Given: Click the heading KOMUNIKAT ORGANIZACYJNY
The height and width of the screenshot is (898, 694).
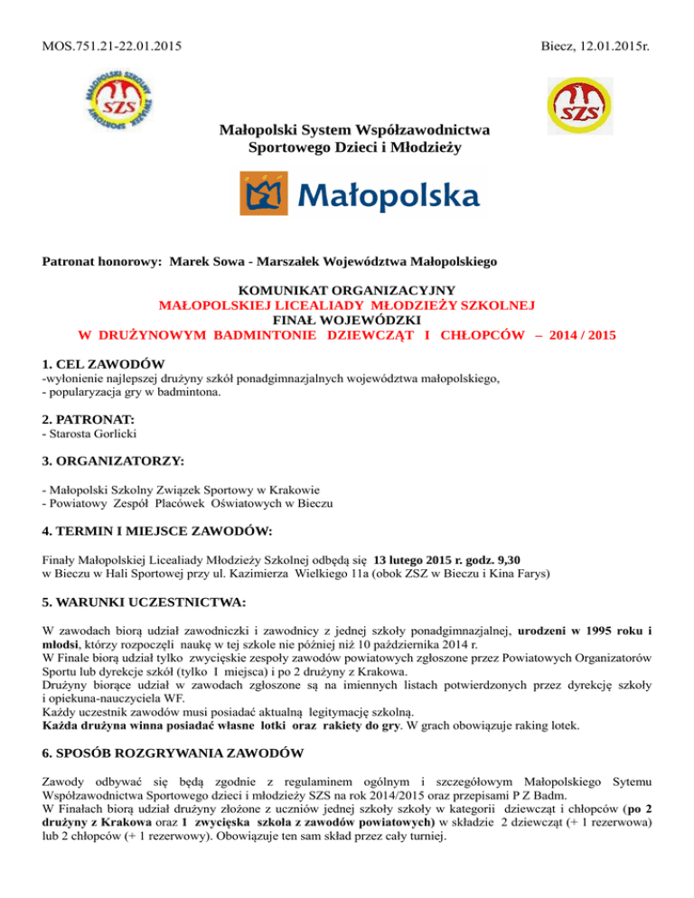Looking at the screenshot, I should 348,291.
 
